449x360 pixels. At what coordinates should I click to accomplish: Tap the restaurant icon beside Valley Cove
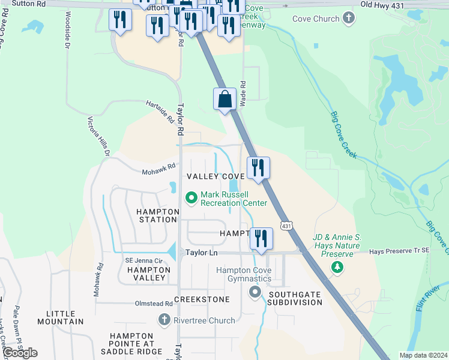pos(259,167)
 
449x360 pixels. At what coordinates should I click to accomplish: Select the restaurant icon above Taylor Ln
pos(262,238)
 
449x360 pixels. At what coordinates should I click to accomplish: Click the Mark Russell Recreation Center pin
pos(191,197)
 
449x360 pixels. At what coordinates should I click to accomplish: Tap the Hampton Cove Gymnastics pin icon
pos(255,292)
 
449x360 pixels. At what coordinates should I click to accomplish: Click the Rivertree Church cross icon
pos(164,320)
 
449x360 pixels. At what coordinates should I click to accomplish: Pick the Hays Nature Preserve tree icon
pos(337,266)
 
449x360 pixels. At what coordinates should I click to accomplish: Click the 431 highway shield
pos(287,226)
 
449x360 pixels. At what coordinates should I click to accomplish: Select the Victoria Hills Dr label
pos(99,137)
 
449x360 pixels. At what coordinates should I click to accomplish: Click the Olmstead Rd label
pos(154,304)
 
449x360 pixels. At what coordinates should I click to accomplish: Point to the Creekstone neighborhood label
pos(194,299)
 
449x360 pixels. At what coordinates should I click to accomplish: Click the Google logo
pos(20,353)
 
